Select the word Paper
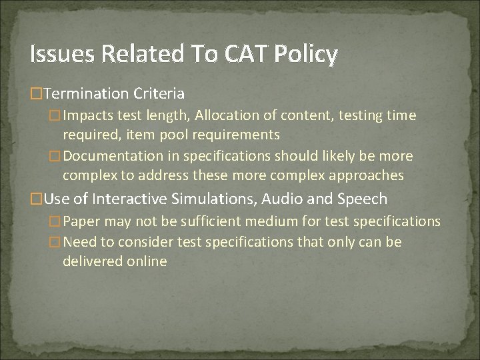[x=83, y=221]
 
